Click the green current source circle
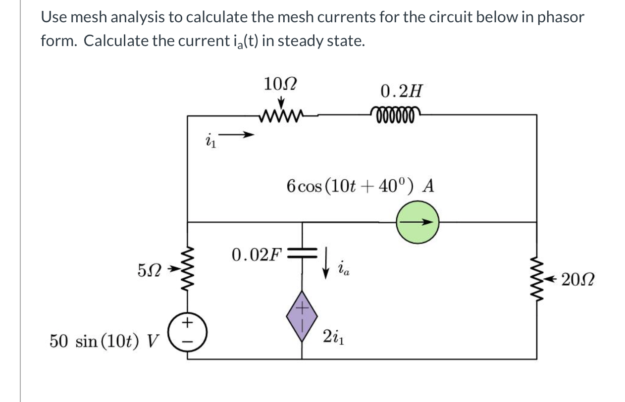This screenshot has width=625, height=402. click(417, 223)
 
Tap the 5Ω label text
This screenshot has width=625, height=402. click(150, 271)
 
